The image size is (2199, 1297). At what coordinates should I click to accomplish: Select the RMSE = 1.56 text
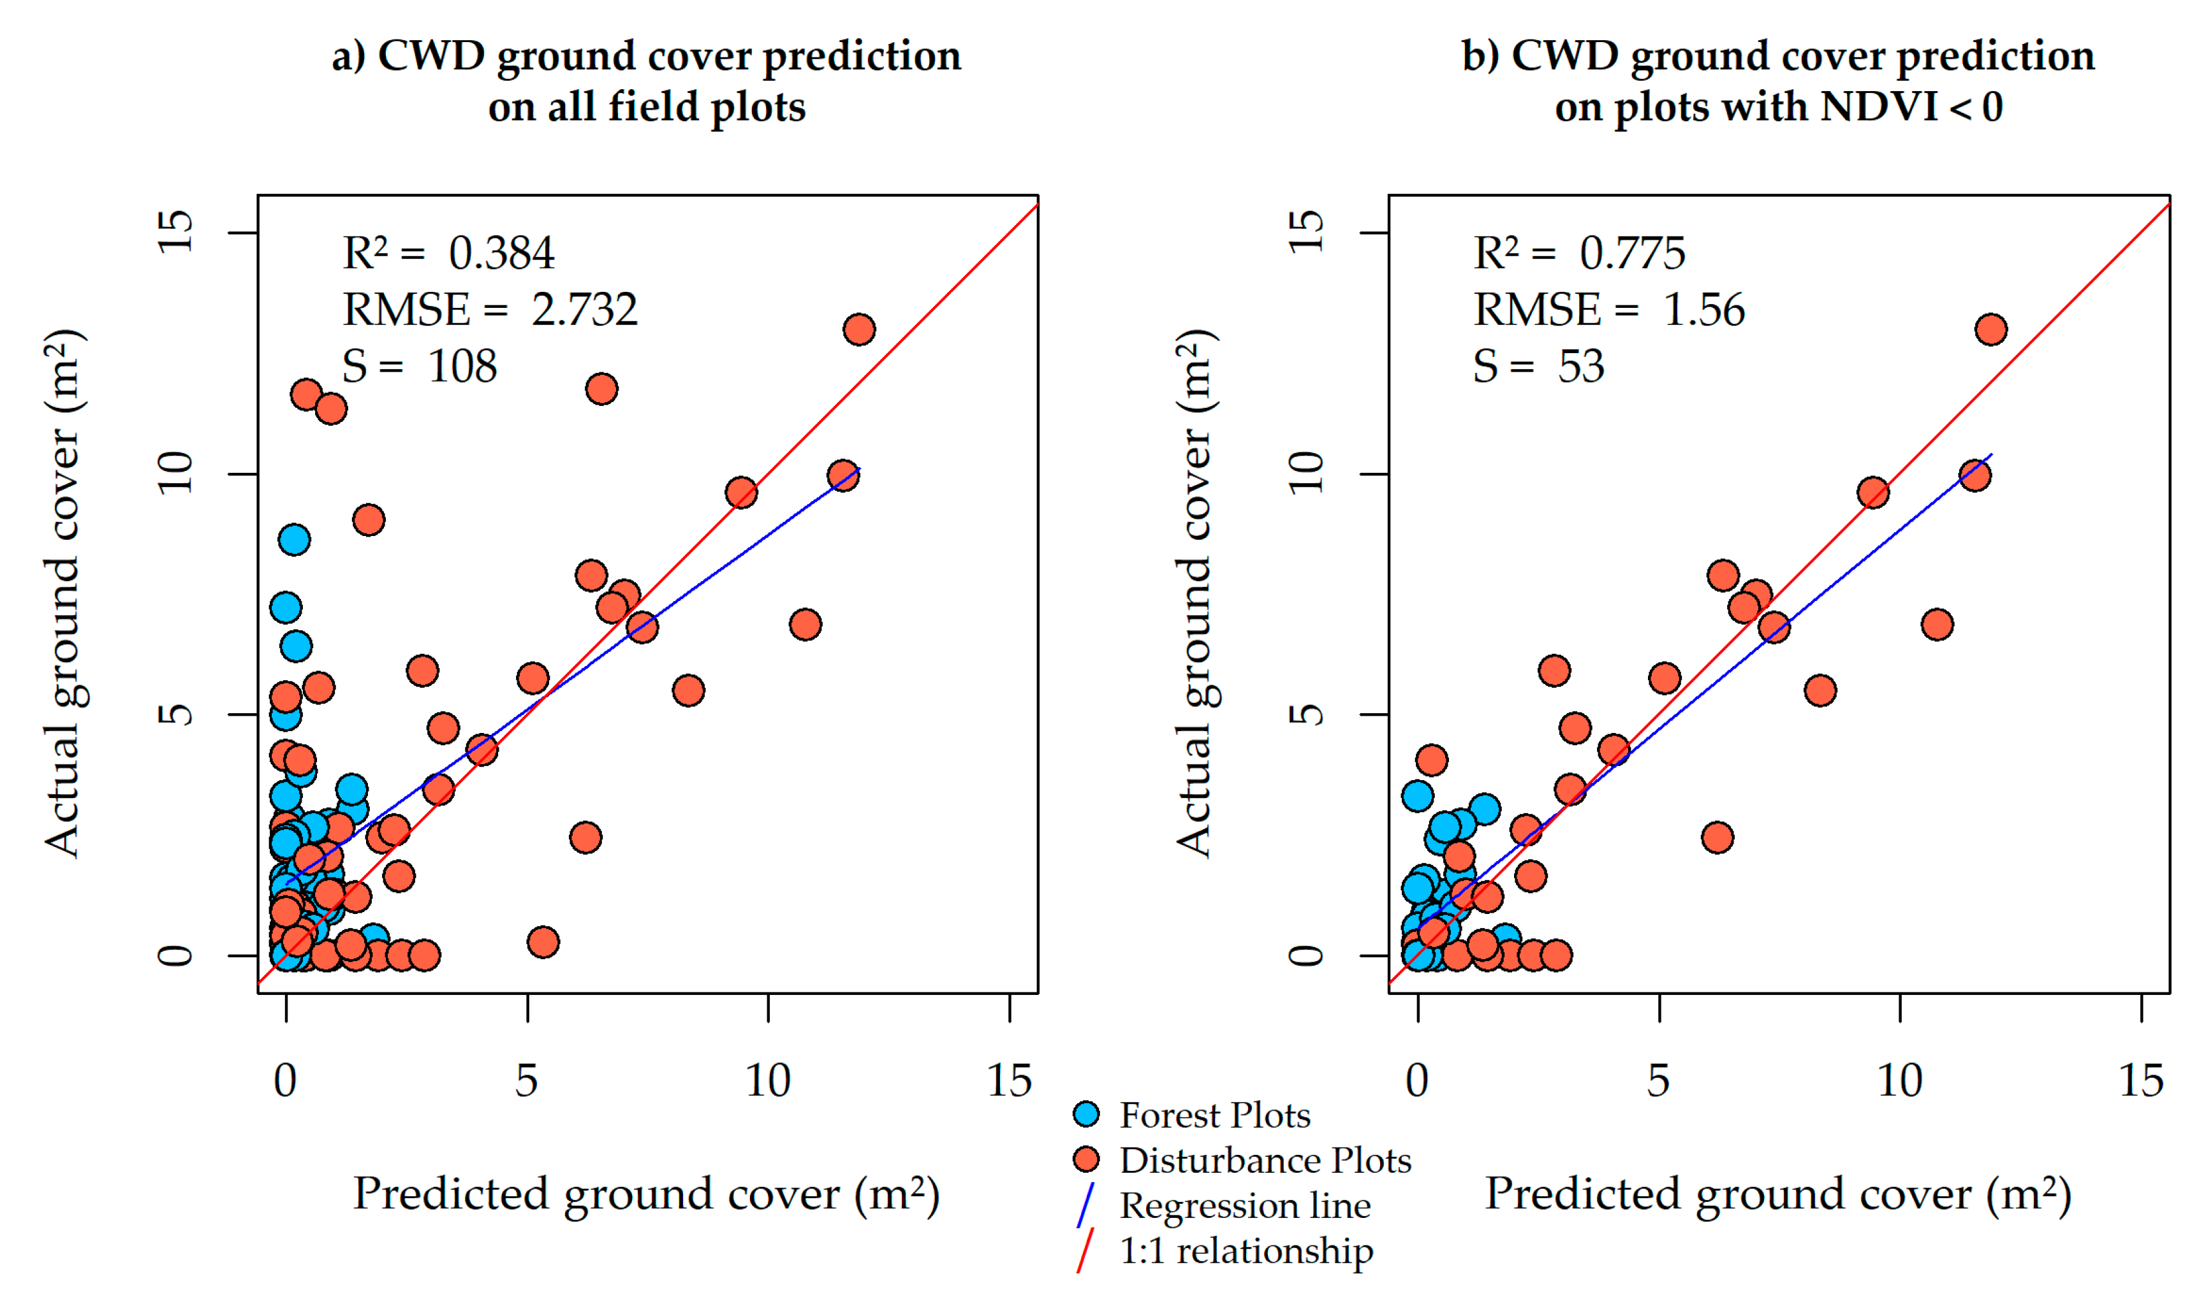(1609, 309)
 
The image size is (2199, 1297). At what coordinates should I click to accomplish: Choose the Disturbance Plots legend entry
(1242, 1161)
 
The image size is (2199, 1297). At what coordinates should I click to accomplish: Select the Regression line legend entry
(1224, 1206)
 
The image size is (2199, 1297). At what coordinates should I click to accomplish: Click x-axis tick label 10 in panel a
(768, 1081)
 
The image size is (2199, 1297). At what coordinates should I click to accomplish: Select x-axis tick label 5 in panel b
(1659, 1081)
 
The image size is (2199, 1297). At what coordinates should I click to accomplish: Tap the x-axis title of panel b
(1779, 1194)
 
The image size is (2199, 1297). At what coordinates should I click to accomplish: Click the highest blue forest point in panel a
(295, 540)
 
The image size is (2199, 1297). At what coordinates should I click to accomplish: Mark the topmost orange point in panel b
(1991, 330)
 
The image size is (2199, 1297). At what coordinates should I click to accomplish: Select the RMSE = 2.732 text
(490, 309)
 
